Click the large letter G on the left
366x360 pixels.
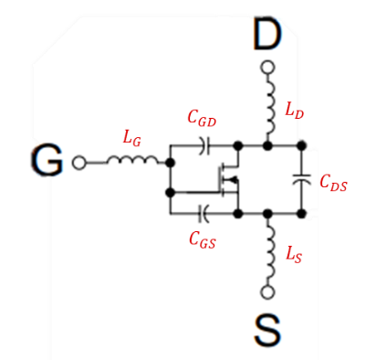coord(47,161)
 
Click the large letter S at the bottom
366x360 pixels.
coord(267,332)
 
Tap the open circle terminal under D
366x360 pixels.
coord(267,67)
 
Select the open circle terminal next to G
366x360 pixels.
coord(79,162)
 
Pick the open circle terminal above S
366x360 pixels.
coord(267,291)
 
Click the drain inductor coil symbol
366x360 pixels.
coord(269,108)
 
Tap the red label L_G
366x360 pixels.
coord(132,138)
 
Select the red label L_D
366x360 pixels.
coord(294,111)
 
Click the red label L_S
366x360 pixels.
coord(293,257)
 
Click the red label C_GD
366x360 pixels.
coord(203,118)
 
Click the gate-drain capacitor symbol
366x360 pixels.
coord(204,144)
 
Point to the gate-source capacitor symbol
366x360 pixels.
coord(204,213)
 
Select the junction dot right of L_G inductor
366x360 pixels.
coord(170,161)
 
